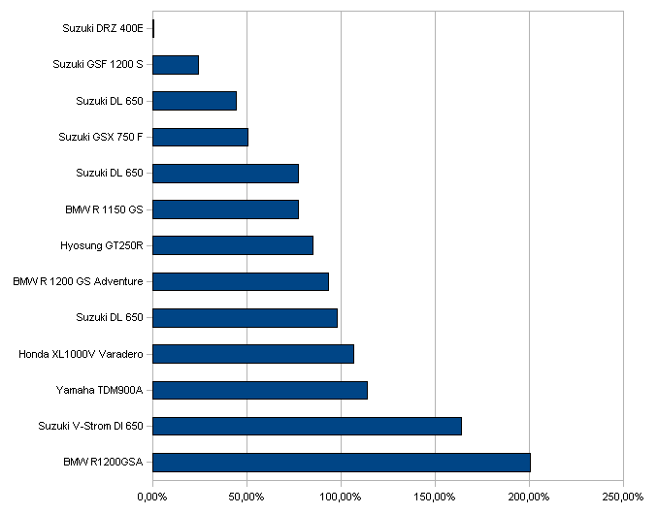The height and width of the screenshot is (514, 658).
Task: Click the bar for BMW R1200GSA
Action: pyautogui.click(x=342, y=463)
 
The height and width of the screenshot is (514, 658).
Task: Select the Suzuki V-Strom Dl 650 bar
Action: pyautogui.click(x=308, y=427)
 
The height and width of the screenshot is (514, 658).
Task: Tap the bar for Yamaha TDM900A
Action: pyautogui.click(x=260, y=390)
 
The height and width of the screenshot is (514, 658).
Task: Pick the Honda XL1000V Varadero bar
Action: pyautogui.click(x=253, y=354)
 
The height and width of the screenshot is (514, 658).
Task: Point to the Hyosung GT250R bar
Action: pyautogui.click(x=233, y=245)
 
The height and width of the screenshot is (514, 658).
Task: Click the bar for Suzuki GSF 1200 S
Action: pyautogui.click(x=176, y=65)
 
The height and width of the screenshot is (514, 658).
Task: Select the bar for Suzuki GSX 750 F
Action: pyautogui.click(x=201, y=137)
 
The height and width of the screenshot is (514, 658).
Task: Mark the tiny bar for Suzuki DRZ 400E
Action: pyautogui.click(x=153, y=28)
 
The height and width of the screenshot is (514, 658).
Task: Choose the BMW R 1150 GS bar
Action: pyautogui.click(x=226, y=209)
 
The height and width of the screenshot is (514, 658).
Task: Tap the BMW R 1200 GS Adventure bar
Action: pyautogui.click(x=241, y=281)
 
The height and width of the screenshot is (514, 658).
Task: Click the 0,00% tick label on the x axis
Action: pyautogui.click(x=152, y=498)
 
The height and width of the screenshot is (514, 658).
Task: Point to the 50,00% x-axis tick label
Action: pyautogui.click(x=247, y=498)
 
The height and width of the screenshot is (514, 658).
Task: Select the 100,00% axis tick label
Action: pyautogui.click(x=341, y=498)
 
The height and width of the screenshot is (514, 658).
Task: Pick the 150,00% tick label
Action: pyautogui.click(x=435, y=498)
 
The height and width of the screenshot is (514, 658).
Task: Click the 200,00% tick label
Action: pyautogui.click(x=529, y=498)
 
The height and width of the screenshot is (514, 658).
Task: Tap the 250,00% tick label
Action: pyautogui.click(x=623, y=498)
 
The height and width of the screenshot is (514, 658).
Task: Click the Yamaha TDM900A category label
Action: pyautogui.click(x=99, y=390)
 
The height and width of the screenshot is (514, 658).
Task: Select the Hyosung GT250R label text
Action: pyautogui.click(x=102, y=245)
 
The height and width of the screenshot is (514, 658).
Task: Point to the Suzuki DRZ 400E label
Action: pyautogui.click(x=103, y=28)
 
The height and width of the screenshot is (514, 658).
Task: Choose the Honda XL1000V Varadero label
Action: pyautogui.click(x=81, y=354)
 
